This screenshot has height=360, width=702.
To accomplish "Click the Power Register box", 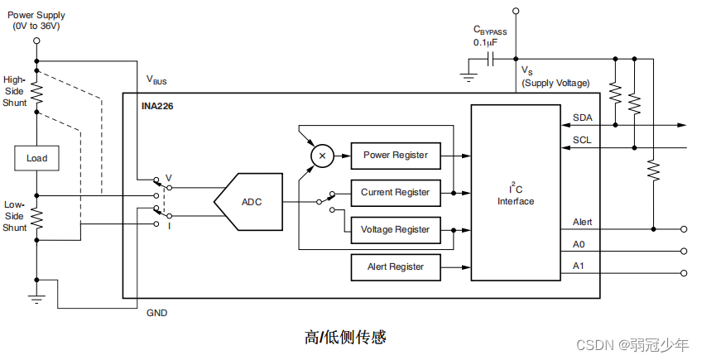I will [396, 155].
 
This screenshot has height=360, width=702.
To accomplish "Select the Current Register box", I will [395, 192].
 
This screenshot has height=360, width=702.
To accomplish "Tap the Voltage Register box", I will [395, 229].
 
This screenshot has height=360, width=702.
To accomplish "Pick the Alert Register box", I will [395, 266].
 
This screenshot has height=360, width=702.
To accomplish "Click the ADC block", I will [248, 201].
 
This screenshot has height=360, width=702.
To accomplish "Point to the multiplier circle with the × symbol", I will [322, 155].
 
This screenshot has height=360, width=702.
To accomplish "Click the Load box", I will [36, 158].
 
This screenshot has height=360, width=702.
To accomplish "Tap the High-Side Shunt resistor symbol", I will [36, 92].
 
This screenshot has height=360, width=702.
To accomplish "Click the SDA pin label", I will [582, 118].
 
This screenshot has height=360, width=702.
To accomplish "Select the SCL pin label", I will [582, 140].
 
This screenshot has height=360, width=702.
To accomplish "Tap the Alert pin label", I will [582, 222].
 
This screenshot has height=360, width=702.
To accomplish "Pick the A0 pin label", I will [579, 244].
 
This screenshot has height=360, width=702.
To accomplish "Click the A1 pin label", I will [579, 266].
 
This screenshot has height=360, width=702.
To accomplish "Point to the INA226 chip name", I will [156, 105].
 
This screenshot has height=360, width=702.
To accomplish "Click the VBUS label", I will [156, 80].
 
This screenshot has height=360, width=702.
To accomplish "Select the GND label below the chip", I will [156, 313].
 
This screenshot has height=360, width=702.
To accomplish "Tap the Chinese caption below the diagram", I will [345, 337].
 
